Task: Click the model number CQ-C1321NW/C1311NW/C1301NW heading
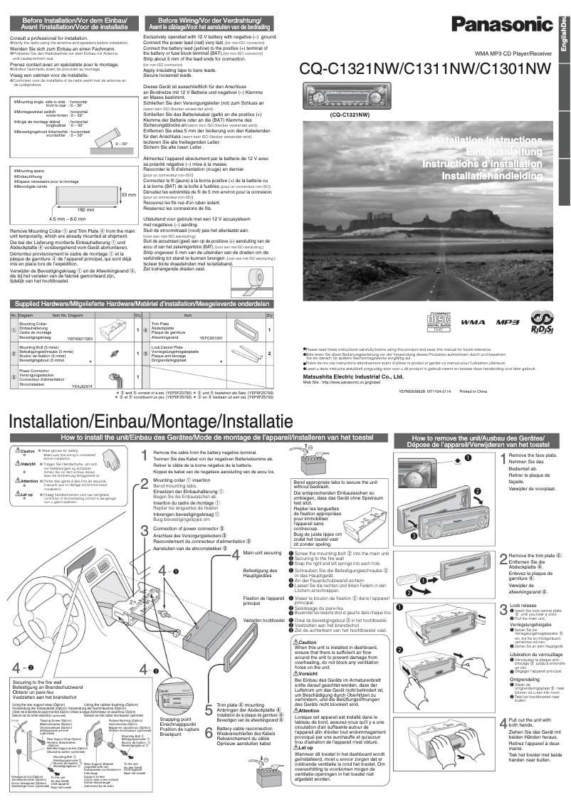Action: click(x=426, y=69)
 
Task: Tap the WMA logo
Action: click(x=473, y=322)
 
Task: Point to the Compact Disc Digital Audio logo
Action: click(x=438, y=320)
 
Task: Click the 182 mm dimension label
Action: click(x=85, y=209)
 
